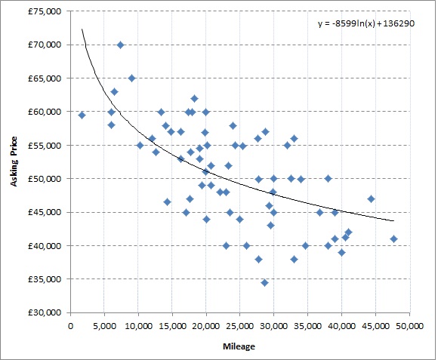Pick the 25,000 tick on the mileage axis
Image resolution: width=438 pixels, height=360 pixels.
pos(240,325)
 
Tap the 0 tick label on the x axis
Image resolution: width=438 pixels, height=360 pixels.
pos(71,325)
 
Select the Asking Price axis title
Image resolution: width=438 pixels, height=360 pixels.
pos(14,162)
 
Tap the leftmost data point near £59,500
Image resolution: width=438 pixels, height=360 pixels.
pos(82,115)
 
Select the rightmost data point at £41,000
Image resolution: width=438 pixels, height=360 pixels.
pos(393,239)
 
